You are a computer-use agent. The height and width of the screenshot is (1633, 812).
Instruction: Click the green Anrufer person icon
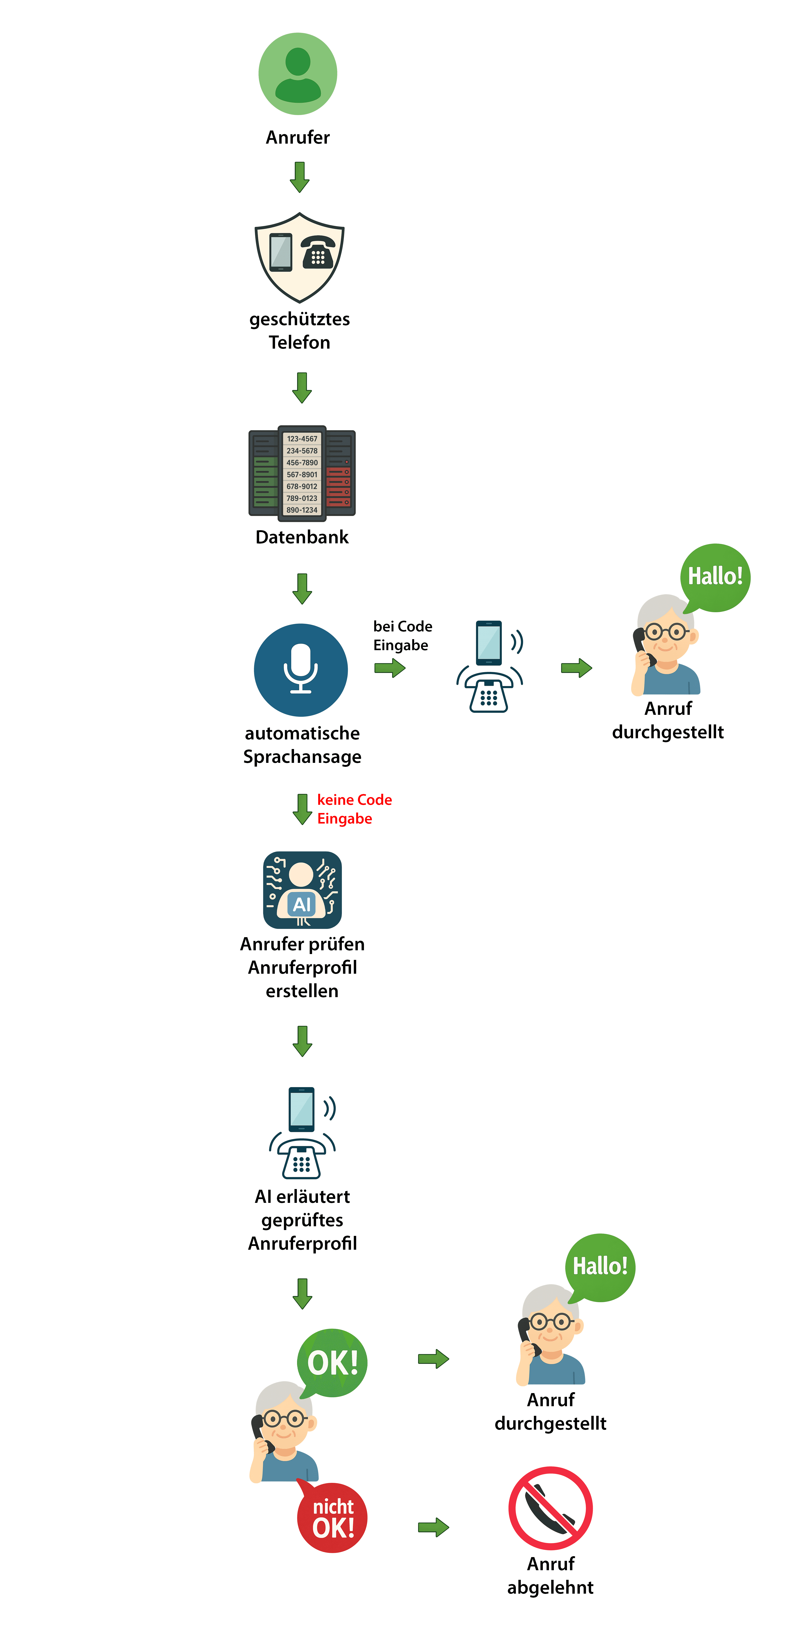pyautogui.click(x=298, y=74)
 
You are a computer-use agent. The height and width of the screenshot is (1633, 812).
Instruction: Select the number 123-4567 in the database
pyautogui.click(x=302, y=439)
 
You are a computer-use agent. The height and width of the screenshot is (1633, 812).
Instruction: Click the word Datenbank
pyautogui.click(x=302, y=537)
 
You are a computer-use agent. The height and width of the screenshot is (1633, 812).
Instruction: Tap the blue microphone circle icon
pyautogui.click(x=301, y=670)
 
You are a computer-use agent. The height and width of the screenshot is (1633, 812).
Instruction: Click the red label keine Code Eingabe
pyautogui.click(x=354, y=809)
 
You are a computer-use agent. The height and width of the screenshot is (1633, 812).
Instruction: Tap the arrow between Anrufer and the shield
pyautogui.click(x=299, y=177)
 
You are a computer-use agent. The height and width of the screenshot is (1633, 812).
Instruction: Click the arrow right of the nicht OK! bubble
pyautogui.click(x=433, y=1527)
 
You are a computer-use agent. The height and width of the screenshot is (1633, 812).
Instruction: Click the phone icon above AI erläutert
pyautogui.click(x=302, y=1133)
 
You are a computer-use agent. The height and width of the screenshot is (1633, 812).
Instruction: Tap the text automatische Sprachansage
pyautogui.click(x=302, y=745)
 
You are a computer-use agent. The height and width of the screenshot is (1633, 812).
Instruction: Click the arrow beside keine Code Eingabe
pyautogui.click(x=302, y=809)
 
